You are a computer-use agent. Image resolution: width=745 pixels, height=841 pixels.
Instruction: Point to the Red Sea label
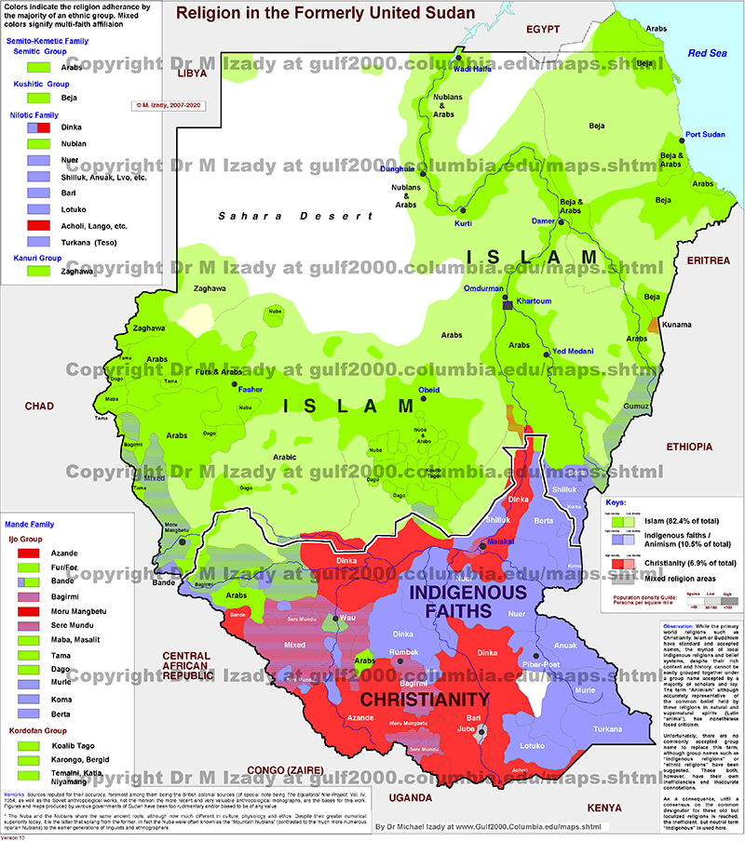coord(706,53)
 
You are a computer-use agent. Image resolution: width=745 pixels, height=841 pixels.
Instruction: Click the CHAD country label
coord(41,406)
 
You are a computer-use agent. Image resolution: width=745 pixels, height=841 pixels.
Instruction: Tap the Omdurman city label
coord(484,288)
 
